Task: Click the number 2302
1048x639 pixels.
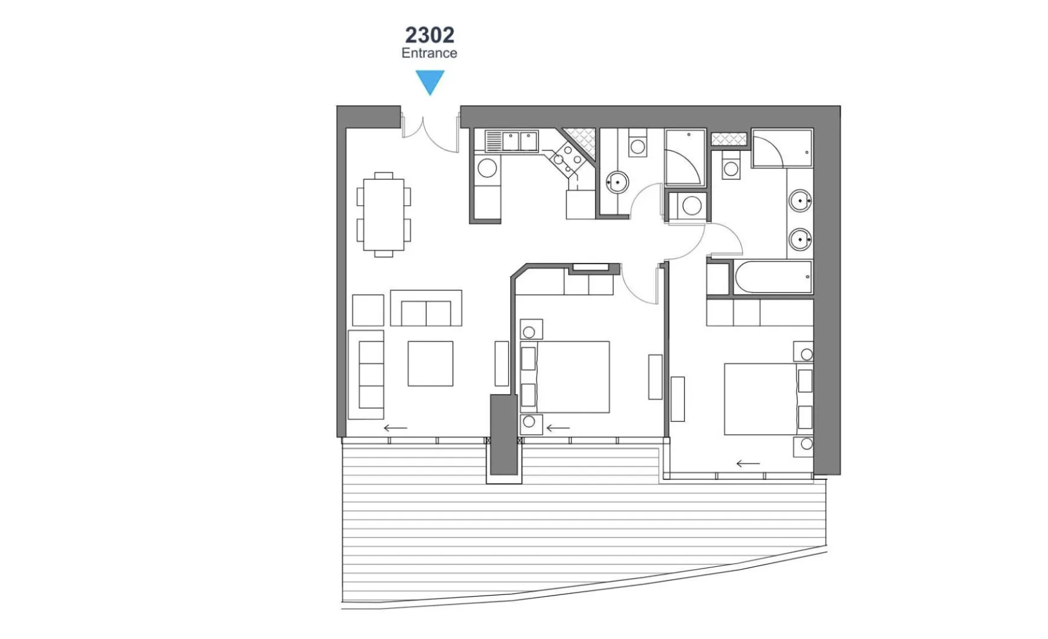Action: pos(429,35)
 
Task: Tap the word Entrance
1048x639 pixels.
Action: pos(429,53)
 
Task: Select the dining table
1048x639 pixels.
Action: pos(384,215)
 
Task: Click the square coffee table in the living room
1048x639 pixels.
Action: pos(431,364)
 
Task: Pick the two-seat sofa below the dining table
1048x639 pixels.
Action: pos(426,307)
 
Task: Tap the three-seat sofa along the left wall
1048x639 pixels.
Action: pos(366,374)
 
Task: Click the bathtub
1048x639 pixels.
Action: pos(771,277)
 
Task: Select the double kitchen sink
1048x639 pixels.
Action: pos(512,141)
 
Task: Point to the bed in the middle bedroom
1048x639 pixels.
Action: pos(565,377)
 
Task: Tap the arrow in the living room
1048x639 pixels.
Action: pos(395,428)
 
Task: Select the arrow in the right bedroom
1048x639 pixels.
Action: pos(748,464)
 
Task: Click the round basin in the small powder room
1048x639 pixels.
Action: pos(617,182)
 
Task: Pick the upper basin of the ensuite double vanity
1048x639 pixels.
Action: pos(800,201)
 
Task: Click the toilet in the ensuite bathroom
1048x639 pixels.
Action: pos(731,165)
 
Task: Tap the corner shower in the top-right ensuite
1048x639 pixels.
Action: pos(782,149)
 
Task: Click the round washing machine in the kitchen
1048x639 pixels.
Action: pos(487,168)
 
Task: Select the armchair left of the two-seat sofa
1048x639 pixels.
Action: pos(368,310)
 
